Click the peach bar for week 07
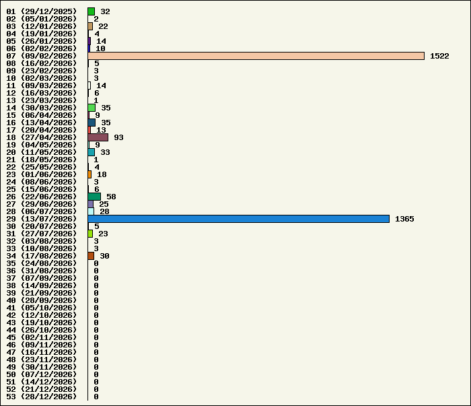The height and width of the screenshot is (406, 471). coord(256,56)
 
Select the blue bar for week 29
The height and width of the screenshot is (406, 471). coord(239,219)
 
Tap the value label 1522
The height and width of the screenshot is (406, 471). coord(439,56)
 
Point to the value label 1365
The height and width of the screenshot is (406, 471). coord(404,219)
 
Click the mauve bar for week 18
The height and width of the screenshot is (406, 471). coord(98,137)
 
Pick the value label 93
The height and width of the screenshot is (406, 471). coord(118,137)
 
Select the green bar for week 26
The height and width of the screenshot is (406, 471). coord(94,197)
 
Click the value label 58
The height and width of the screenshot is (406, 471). coord(111,197)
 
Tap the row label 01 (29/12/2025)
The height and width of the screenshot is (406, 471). coord(42,11)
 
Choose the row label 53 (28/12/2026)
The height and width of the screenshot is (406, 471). coord(42,397)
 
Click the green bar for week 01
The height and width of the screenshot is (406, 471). coord(92,11)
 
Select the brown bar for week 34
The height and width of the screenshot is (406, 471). coord(91,256)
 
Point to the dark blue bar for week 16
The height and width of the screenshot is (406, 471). coord(92,123)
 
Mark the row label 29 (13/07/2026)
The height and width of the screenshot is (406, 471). coord(42,219)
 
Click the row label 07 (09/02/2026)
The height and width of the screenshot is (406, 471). coord(42,56)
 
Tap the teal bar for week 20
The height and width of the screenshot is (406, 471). coord(92,152)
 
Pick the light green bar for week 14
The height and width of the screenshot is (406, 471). coord(92,108)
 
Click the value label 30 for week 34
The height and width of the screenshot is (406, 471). coord(104,256)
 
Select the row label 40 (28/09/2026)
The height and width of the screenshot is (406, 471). coord(42,300)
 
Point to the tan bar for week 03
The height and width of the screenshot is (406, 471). coord(90,26)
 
